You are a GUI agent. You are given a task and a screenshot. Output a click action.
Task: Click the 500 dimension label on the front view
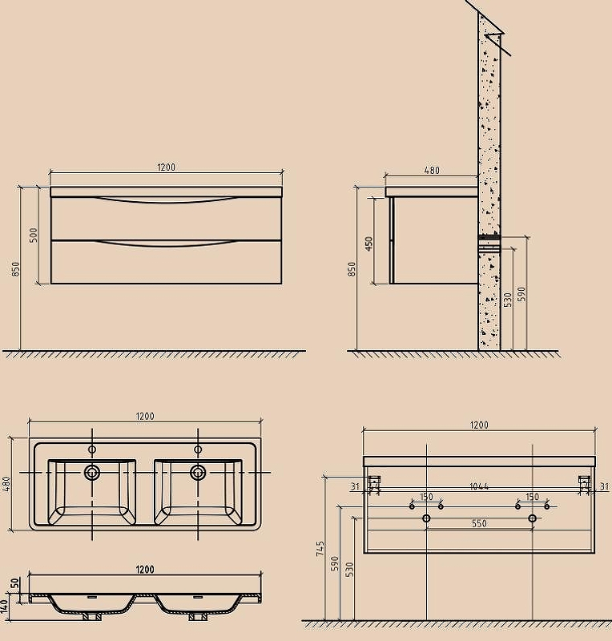point(34,235)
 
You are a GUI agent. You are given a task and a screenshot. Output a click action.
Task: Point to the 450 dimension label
point(368,244)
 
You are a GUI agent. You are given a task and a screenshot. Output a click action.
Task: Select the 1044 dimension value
point(479,486)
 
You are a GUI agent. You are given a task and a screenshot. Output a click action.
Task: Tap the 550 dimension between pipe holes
point(479,523)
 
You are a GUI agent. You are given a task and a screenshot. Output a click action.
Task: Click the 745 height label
point(320,549)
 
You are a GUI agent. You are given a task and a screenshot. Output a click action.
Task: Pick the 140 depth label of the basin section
point(5,606)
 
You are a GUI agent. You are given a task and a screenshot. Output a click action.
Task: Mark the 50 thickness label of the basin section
point(14,583)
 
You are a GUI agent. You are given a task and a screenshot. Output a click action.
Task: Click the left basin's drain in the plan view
point(92,473)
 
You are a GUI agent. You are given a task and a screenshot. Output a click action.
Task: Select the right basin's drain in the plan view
point(198,473)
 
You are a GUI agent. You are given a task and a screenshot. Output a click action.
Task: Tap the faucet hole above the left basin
point(92,450)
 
